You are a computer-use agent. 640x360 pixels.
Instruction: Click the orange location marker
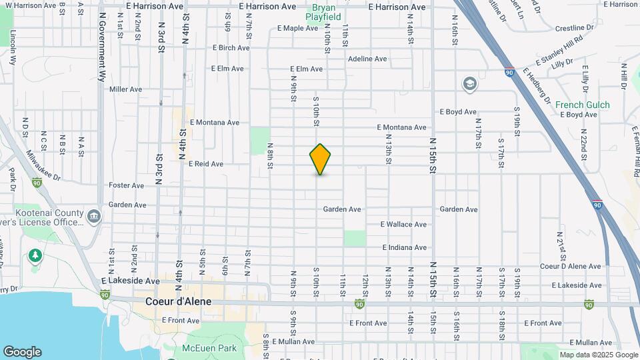[320, 159]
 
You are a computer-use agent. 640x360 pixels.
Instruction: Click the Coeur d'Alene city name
[178, 301]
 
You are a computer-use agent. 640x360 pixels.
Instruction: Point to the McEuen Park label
[209, 348]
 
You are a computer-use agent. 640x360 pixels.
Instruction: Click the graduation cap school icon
[469, 84]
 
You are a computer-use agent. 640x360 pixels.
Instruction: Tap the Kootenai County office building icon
[94, 216]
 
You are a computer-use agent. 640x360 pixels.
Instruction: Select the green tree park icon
[34, 255]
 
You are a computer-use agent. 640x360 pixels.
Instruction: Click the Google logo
[22, 352]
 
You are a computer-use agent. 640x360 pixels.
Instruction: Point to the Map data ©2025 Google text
[598, 355]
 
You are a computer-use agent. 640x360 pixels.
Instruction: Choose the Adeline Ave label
[367, 59]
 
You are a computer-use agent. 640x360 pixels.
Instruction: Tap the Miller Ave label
[126, 89]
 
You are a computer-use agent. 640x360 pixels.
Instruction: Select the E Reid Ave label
[206, 163]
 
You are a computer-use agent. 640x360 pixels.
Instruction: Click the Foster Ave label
[126, 185]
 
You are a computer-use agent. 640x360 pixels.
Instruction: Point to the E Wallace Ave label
[403, 225]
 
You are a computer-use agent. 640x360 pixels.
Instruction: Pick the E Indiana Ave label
[404, 247]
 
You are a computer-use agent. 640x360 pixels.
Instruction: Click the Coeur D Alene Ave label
[570, 266]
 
